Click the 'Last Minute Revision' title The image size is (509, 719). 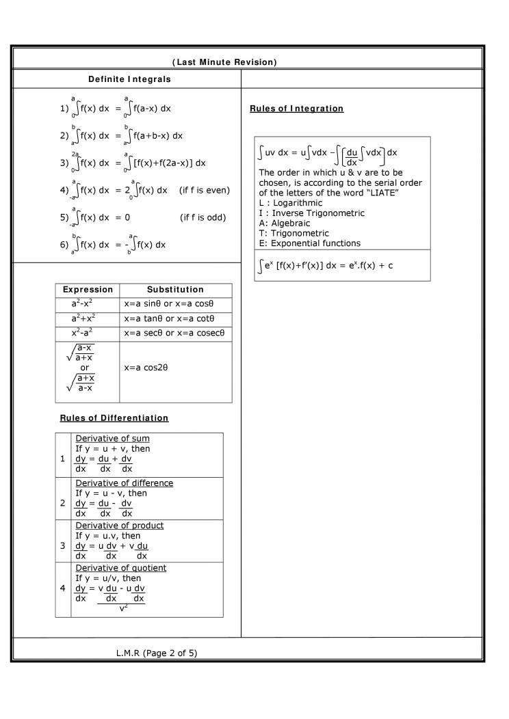(x=224, y=62)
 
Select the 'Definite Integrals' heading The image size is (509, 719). (x=129, y=79)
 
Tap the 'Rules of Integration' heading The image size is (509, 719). (x=296, y=109)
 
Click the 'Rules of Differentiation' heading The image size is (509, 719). (x=114, y=418)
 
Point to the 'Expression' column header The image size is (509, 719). (x=88, y=290)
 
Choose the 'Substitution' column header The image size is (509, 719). (x=175, y=290)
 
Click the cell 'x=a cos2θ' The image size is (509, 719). (x=146, y=368)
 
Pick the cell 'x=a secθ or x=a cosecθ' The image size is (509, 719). (x=174, y=333)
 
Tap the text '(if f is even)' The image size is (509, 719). (x=204, y=190)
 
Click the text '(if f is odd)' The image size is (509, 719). (x=203, y=217)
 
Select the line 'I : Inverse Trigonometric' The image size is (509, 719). (x=311, y=213)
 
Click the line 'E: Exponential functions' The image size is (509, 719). (x=309, y=243)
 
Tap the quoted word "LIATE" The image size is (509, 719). (x=378, y=193)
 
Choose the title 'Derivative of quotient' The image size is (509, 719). (x=120, y=568)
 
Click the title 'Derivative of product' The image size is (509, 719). (x=119, y=526)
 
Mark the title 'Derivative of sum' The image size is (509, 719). (x=112, y=438)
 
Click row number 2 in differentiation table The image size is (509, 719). (x=63, y=503)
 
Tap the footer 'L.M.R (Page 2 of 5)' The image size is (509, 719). (x=157, y=653)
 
